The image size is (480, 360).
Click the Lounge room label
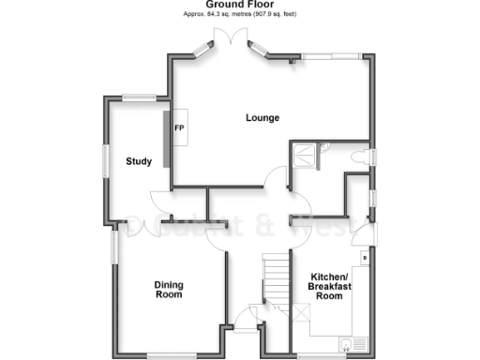262,117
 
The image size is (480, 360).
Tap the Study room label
139,161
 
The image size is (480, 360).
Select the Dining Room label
169,289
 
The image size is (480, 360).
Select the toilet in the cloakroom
357,160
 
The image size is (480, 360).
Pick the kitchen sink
352,344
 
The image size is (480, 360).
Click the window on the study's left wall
104,159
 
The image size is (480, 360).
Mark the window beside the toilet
372,157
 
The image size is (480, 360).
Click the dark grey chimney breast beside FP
168,139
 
